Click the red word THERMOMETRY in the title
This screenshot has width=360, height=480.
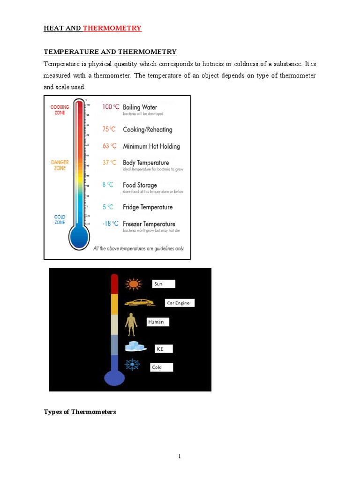[112, 28]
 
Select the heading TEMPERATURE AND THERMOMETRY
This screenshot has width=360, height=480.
[110, 52]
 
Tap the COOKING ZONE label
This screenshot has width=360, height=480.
[60, 110]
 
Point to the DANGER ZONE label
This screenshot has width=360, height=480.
[60, 165]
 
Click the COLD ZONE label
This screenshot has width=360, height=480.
[60, 220]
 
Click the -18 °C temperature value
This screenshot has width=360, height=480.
[110, 224]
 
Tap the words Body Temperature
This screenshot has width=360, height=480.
[146, 163]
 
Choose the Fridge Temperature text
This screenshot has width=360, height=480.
[148, 207]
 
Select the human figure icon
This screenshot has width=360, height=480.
[131, 324]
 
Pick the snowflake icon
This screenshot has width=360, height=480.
[132, 365]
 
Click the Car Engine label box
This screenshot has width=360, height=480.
[180, 303]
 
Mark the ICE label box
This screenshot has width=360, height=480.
[164, 349]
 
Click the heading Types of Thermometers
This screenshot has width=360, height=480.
[80, 412]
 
